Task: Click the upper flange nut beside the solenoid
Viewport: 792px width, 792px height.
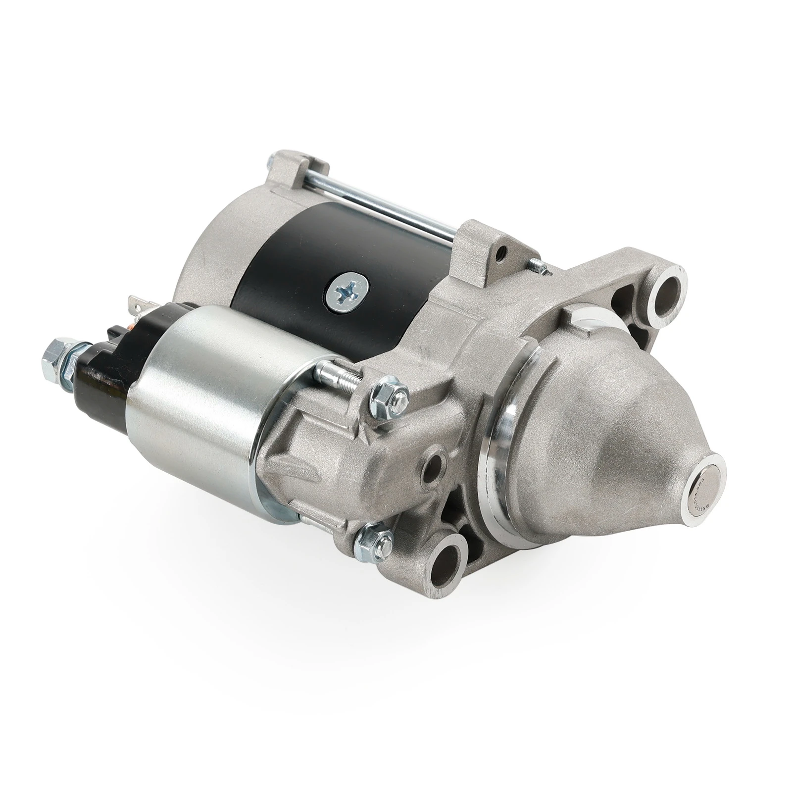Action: tap(389, 393)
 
